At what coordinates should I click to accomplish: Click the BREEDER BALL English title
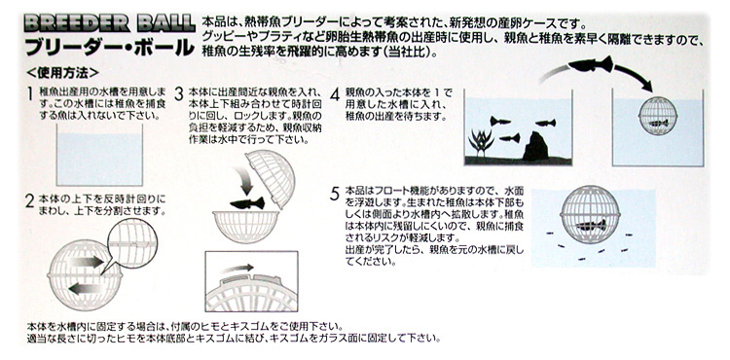108,23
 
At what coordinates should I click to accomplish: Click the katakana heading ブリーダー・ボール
109,47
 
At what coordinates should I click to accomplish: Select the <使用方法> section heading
63,73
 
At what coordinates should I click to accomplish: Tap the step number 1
30,93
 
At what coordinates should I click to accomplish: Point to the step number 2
30,201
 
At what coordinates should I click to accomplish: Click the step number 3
179,94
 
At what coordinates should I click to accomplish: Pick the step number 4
335,94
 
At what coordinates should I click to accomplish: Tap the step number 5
335,194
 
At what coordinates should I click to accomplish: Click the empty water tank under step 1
99,156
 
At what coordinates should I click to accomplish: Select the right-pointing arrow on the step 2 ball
86,262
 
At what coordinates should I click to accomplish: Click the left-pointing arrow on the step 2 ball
85,289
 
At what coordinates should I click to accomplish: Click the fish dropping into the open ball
247,203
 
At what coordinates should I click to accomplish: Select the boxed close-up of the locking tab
251,281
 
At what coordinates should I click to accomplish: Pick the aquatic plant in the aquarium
481,143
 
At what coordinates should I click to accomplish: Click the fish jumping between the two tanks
591,64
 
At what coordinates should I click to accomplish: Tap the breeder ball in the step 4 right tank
657,116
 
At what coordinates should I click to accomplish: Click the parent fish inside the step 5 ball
591,226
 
